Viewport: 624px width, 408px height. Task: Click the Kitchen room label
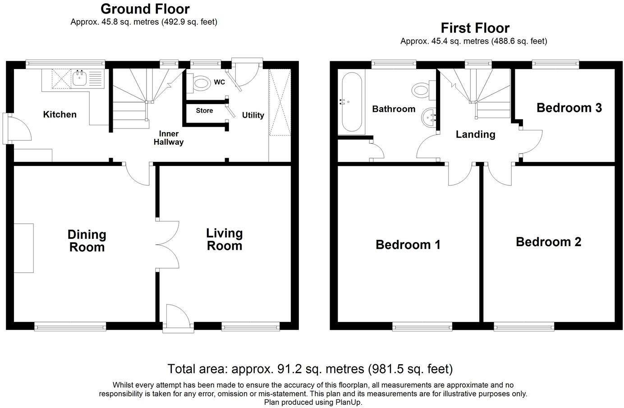click(60, 115)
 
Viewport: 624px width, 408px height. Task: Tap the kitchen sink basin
click(80, 78)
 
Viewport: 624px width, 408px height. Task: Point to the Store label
click(204, 110)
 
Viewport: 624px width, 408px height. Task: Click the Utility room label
click(253, 115)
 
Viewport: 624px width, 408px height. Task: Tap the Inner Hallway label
click(169, 138)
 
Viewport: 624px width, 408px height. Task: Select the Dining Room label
click(87, 241)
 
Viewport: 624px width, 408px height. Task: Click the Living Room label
click(224, 239)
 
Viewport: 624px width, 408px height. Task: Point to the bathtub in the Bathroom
click(352, 102)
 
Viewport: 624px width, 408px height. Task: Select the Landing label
click(476, 134)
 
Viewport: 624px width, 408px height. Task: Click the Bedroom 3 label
click(569, 108)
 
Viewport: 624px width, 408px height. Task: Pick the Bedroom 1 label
click(408, 245)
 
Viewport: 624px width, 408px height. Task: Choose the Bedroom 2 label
click(549, 242)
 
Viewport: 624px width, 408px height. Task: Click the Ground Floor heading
click(145, 9)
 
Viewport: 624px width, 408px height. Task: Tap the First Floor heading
click(475, 28)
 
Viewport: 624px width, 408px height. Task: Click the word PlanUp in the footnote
click(348, 402)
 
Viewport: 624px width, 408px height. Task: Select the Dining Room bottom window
click(70, 326)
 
